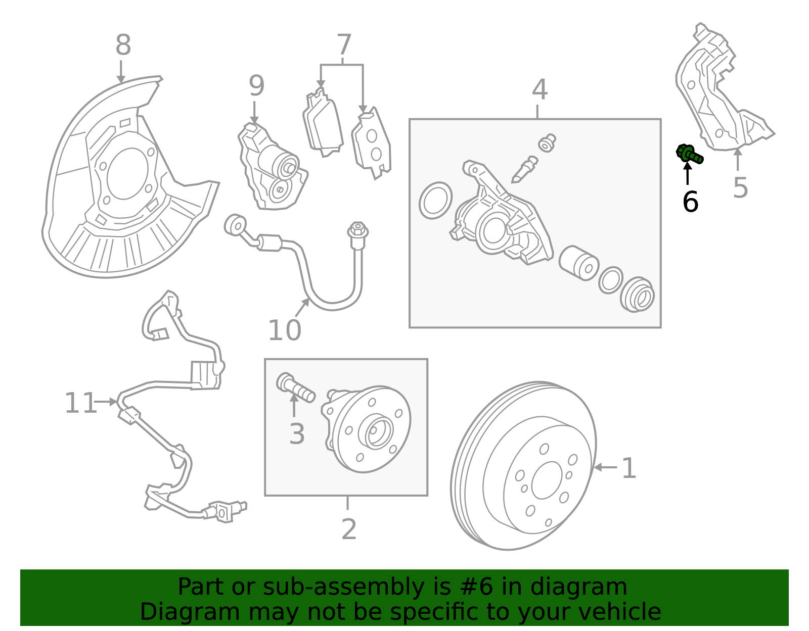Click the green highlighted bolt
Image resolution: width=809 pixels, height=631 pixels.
click(x=689, y=155)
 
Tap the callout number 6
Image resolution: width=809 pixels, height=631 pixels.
click(x=690, y=202)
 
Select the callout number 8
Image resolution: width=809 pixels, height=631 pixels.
click(x=123, y=44)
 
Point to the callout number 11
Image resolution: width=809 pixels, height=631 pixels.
click(x=80, y=403)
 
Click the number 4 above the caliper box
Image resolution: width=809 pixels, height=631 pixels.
click(x=540, y=89)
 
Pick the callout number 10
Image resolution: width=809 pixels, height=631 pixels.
click(x=285, y=330)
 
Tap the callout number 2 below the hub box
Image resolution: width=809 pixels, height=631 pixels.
click(x=349, y=529)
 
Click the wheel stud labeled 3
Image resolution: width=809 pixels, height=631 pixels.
click(x=296, y=387)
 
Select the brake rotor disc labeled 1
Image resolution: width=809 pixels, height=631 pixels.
click(x=523, y=465)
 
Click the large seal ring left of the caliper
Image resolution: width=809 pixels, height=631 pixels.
click(x=435, y=201)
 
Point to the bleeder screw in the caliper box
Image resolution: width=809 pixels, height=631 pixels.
click(x=524, y=169)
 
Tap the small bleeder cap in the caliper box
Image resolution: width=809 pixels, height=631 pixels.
click(x=547, y=143)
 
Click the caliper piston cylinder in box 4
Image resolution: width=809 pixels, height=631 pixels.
click(x=579, y=263)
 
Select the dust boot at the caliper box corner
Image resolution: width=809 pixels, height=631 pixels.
click(x=637, y=295)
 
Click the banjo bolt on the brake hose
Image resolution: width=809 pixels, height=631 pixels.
click(x=358, y=235)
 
